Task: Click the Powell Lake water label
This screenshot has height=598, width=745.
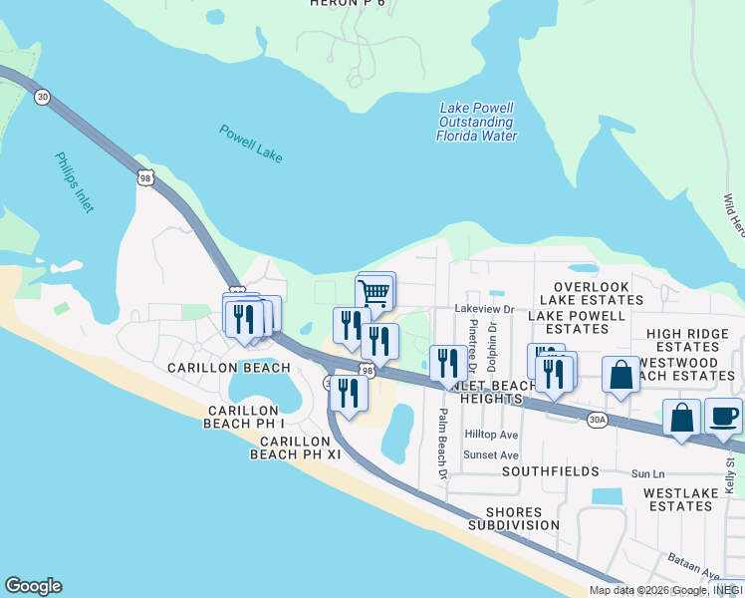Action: (251, 144)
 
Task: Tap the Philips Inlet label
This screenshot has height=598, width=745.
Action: (74, 182)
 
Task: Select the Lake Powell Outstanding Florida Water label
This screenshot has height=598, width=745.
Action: (476, 122)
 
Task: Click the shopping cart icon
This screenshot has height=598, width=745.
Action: (374, 293)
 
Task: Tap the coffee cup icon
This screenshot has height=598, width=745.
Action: (724, 416)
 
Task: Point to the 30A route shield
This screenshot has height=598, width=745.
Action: (597, 420)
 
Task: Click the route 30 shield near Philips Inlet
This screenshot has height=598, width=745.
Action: (42, 96)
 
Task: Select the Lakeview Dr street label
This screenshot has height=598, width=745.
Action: (483, 309)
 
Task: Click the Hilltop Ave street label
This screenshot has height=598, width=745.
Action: (492, 435)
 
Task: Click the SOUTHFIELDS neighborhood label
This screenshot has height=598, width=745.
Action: (550, 470)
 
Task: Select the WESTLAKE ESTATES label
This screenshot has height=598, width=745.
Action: (679, 499)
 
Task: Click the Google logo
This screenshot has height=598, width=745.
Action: (33, 586)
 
